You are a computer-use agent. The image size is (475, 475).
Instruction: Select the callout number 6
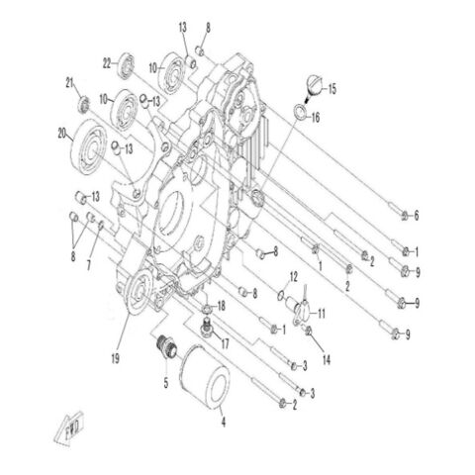point(417,216)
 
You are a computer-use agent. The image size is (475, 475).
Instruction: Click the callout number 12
point(294,276)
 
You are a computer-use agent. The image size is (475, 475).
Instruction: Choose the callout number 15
point(332,89)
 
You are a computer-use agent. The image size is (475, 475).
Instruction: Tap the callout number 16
point(316,117)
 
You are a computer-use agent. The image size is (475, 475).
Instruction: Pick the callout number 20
point(61,133)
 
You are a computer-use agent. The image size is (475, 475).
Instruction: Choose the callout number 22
point(107,63)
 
